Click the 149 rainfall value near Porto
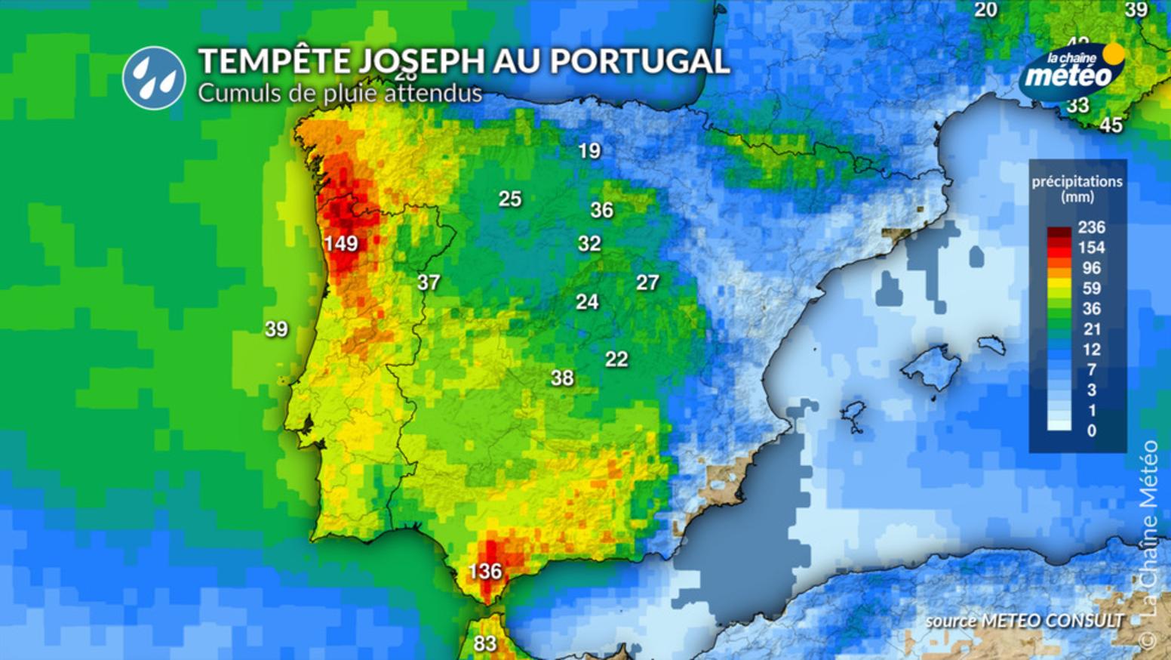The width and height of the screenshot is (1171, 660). click(341, 243)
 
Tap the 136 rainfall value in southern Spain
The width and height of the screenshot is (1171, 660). click(484, 571)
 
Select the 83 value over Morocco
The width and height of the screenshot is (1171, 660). click(485, 643)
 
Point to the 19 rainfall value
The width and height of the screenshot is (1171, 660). click(589, 151)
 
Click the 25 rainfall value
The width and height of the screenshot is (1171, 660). click(510, 199)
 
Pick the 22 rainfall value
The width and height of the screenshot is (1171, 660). click(616, 359)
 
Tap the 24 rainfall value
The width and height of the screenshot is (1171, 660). click(587, 302)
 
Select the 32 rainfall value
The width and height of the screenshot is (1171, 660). click(589, 243)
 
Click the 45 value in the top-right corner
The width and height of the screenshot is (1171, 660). click(1111, 125)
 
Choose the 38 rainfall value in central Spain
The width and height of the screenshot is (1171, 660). click(562, 378)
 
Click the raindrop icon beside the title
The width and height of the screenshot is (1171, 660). click(154, 78)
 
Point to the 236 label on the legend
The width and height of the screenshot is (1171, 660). click(1091, 227)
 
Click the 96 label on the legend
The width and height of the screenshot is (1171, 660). click(1091, 268)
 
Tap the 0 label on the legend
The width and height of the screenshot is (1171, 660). click(1091, 430)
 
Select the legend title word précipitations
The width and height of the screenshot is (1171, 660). click(1077, 181)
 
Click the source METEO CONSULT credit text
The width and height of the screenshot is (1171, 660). click(1024, 621)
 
